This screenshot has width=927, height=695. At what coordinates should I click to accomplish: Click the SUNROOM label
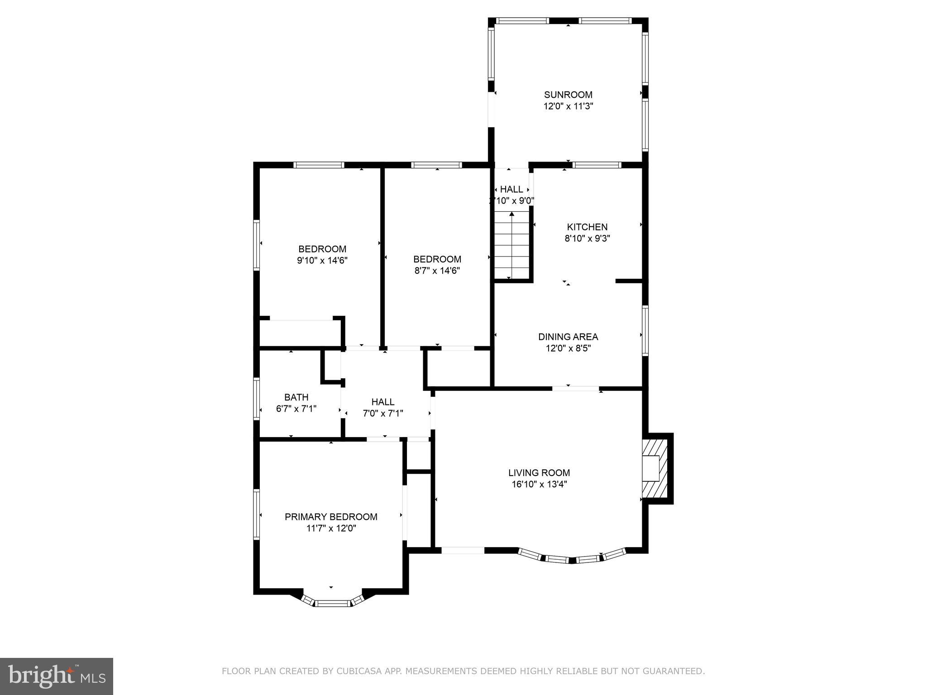568,95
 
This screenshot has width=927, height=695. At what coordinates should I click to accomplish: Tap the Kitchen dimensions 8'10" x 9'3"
587,238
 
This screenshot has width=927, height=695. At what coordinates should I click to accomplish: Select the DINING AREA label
568,337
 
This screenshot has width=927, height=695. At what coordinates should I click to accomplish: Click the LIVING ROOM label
539,473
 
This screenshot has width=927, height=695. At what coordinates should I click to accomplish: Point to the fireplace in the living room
655,468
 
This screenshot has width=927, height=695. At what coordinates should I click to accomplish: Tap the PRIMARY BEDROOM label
331,517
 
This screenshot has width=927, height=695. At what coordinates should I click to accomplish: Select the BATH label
296,397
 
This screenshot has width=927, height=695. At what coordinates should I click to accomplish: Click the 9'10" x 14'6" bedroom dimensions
322,261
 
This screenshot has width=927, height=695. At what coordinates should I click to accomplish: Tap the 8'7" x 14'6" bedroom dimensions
437,271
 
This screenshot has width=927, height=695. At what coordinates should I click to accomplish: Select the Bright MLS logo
56,676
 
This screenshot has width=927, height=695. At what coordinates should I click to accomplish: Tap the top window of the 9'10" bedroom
319,165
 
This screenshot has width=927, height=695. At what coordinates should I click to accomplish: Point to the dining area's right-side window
645,330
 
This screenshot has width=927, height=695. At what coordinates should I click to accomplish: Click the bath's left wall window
257,399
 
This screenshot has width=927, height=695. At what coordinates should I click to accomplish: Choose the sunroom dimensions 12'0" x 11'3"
568,106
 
